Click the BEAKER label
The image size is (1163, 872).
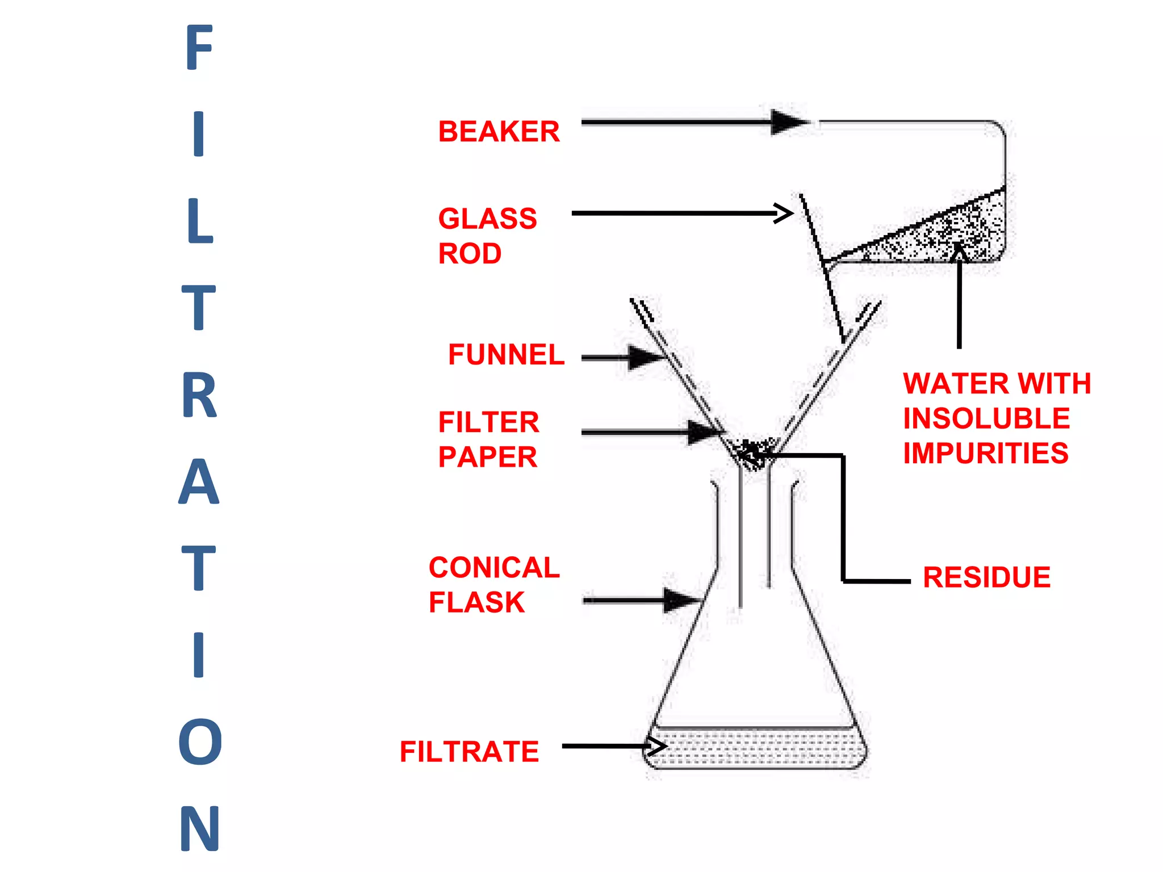499,132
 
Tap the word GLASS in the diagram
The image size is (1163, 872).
487,219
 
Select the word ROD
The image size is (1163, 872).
470,254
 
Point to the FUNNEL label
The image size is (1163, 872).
506,355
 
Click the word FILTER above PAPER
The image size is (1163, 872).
488,422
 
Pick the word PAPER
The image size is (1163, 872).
487,457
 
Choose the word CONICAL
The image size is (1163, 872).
494,568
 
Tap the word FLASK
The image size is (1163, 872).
476,602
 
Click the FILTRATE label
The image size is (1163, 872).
469,752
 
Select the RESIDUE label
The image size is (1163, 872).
986,577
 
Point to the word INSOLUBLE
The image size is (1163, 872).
986,418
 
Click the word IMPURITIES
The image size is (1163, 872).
986,453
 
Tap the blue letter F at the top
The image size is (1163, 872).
199,48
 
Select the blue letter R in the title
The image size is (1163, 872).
199,395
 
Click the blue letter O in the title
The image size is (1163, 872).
200,741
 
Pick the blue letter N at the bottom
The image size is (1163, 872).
200,828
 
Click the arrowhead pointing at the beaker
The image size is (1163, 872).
789,122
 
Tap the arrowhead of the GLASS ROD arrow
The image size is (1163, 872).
785,213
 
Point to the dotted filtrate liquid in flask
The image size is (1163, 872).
755,748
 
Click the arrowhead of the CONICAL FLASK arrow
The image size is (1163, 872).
681,600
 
